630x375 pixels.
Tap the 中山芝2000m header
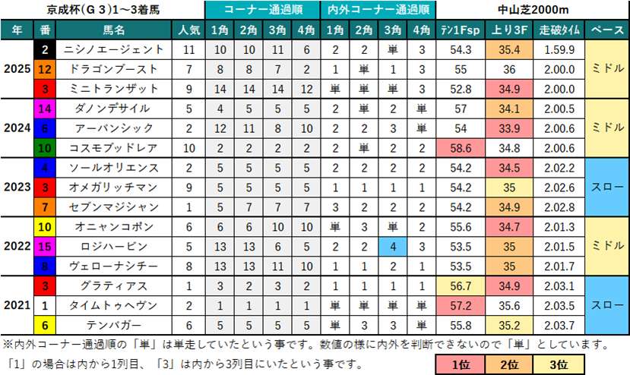[x=533, y=11]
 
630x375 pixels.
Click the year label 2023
[x=17, y=187]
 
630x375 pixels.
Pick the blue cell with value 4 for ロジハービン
[x=393, y=247]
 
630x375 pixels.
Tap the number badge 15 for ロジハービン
[x=45, y=247]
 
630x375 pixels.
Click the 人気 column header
[x=188, y=30]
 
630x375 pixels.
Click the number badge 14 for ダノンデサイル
[x=45, y=109]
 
